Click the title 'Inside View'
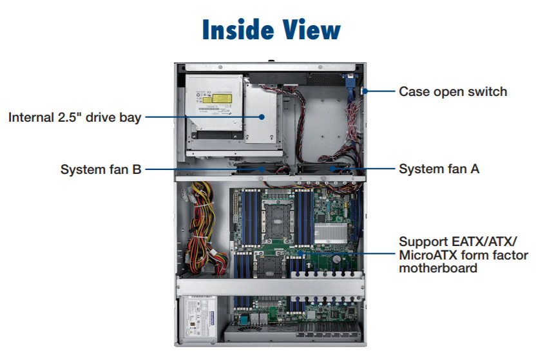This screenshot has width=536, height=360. click(271, 30)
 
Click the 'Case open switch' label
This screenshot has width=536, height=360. click(453, 91)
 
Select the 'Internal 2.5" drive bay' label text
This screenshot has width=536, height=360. click(75, 117)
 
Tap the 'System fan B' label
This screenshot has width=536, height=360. click(100, 169)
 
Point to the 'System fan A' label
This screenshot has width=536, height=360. click(439, 169)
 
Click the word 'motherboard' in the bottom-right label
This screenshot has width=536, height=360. click(438, 268)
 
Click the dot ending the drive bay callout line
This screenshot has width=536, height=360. click(263, 117)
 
